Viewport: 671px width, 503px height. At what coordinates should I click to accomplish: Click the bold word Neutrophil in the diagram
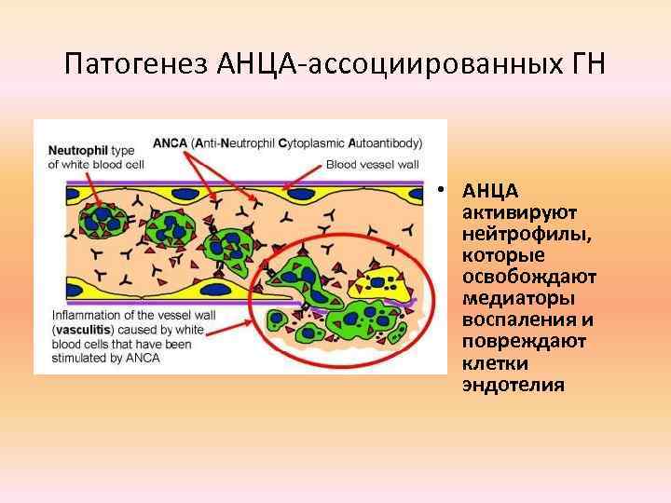[x=78, y=149]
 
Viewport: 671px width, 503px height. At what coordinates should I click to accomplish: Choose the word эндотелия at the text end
[x=514, y=385]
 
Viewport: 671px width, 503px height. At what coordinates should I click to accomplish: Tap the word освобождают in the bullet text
[x=529, y=278]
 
